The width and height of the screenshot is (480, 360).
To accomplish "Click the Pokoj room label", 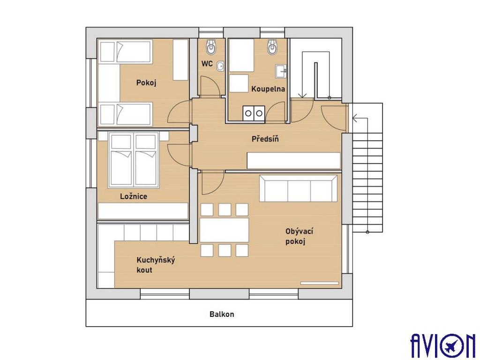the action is [146, 83].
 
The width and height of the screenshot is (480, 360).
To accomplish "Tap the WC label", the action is [207, 64].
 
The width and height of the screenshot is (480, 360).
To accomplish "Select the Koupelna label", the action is [268, 89].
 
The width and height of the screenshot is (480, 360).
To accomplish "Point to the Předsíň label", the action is [265, 139].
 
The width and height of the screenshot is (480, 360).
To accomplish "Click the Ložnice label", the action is [134, 196].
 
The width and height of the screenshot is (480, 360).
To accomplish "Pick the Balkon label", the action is [222, 314].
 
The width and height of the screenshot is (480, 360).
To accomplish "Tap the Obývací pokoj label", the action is [299, 236].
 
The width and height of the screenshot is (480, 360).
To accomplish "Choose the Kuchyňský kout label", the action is [156, 265].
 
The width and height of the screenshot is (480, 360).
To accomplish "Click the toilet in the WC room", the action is [211, 46].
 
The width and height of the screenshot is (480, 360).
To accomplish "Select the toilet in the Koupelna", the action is [272, 46].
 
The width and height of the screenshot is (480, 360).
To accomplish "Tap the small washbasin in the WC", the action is [220, 66].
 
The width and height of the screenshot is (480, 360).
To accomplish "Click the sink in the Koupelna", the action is [281, 71].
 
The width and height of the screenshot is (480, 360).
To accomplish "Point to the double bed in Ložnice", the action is [134, 160].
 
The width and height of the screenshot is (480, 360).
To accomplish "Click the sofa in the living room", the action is [298, 188].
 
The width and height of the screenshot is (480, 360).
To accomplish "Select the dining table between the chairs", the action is [224, 230].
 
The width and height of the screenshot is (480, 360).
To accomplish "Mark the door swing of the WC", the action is [210, 86].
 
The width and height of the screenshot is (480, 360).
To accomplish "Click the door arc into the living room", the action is [212, 184].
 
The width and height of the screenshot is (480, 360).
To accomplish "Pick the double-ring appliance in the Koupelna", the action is [254, 113].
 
